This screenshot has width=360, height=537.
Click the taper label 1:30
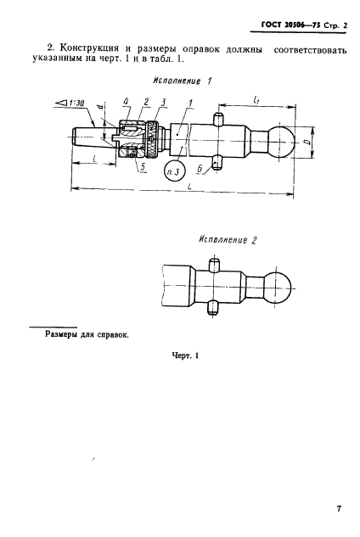[78, 102]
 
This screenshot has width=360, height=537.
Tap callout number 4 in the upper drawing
[127, 102]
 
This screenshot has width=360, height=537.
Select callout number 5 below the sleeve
[143, 167]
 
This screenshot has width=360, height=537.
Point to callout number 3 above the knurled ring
[163, 102]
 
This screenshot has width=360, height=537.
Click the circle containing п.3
[174, 171]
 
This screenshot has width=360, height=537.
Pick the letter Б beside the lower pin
[200, 169]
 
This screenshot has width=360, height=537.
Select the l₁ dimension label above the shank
[256, 99]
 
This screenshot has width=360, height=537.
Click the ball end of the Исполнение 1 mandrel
[281, 142]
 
